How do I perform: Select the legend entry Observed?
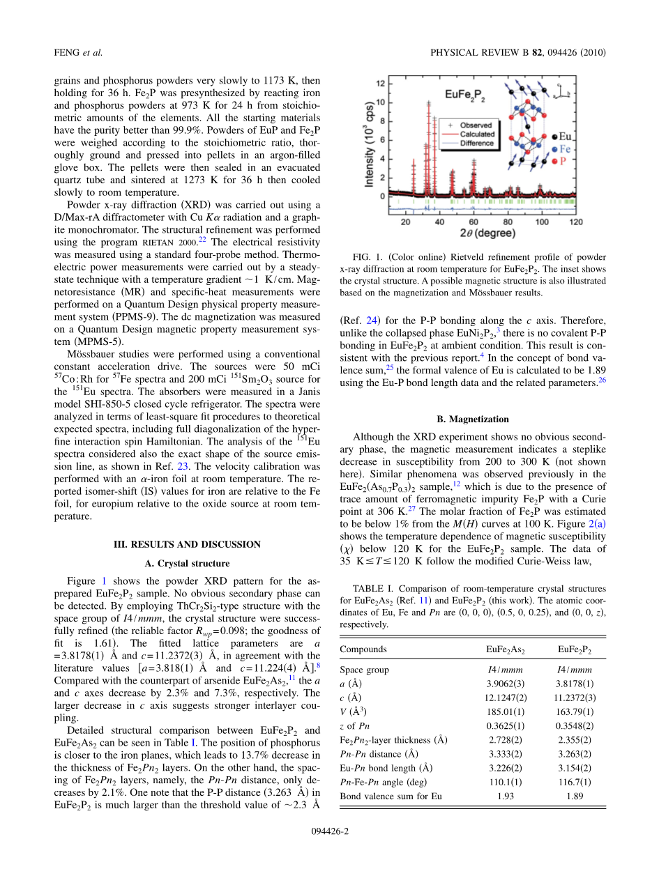tap(476, 125)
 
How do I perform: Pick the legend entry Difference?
tap(476, 143)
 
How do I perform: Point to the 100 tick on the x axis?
tap(541, 221)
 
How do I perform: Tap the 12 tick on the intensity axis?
tap(381, 83)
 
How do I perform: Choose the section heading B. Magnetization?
tap(473, 419)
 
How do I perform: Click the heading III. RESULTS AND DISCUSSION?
tap(188, 544)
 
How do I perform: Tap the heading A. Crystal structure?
tap(188, 563)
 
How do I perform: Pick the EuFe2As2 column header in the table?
tap(505, 649)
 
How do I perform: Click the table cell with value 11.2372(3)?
tap(575, 698)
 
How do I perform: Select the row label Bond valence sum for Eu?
tap(391, 796)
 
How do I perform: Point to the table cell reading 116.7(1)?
tap(575, 782)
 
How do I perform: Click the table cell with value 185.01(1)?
tap(505, 711)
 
